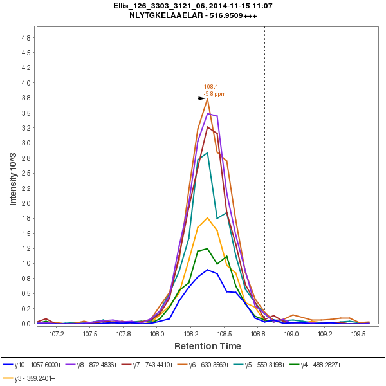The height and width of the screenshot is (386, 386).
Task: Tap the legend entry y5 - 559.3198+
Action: (x=270, y=365)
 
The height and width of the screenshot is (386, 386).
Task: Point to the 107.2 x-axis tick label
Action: (x=57, y=335)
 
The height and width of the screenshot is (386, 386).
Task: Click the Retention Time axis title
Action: (x=207, y=346)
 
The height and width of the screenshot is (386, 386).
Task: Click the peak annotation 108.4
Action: (x=211, y=87)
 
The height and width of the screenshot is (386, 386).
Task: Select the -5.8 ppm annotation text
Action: (x=214, y=94)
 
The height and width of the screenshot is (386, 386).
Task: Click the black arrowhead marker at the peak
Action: (x=201, y=98)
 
